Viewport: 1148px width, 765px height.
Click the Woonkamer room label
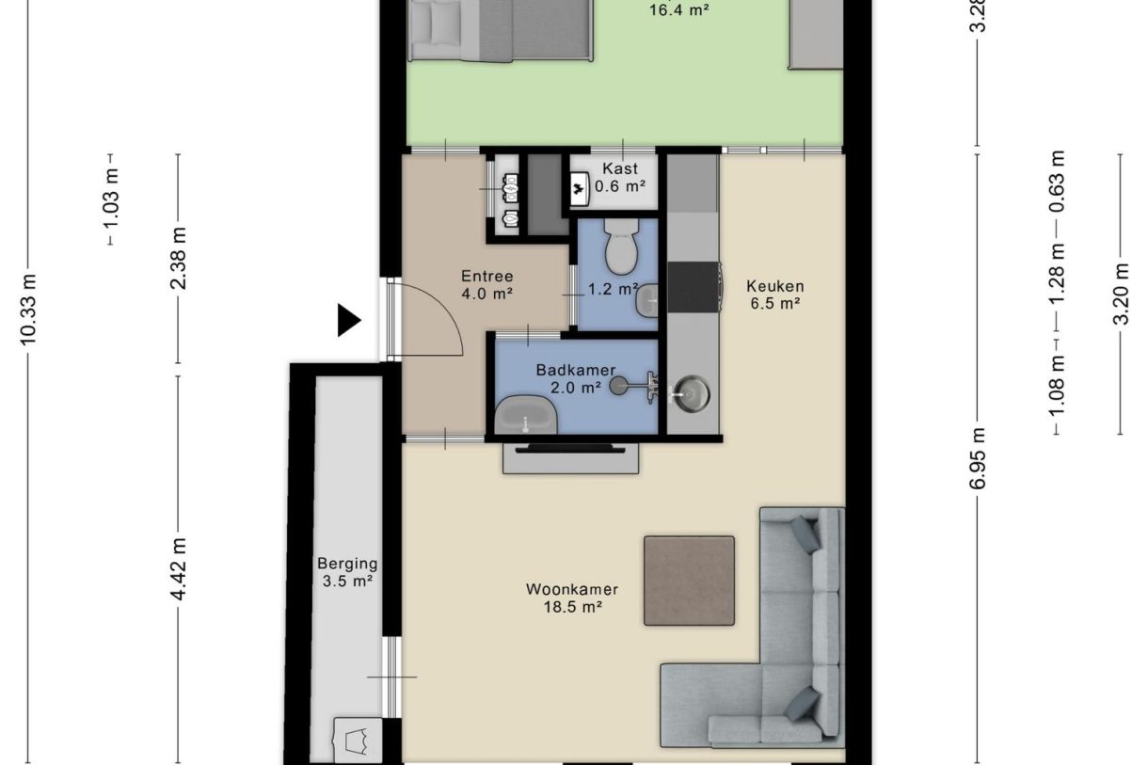571,590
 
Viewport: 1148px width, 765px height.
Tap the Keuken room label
774,286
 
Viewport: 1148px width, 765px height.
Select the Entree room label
486,277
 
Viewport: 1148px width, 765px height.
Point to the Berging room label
346,565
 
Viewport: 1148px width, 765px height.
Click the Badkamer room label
568,370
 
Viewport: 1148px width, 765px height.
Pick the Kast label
620,169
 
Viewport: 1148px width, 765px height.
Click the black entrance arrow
349,321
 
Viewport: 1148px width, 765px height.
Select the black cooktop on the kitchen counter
694,287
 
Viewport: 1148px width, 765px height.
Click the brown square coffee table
689,581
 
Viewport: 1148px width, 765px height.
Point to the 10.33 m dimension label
29,309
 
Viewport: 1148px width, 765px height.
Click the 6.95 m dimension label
979,458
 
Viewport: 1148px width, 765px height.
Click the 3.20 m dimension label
1121,294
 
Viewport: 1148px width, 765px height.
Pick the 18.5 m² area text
572,608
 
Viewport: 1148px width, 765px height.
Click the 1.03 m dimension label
111,199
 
